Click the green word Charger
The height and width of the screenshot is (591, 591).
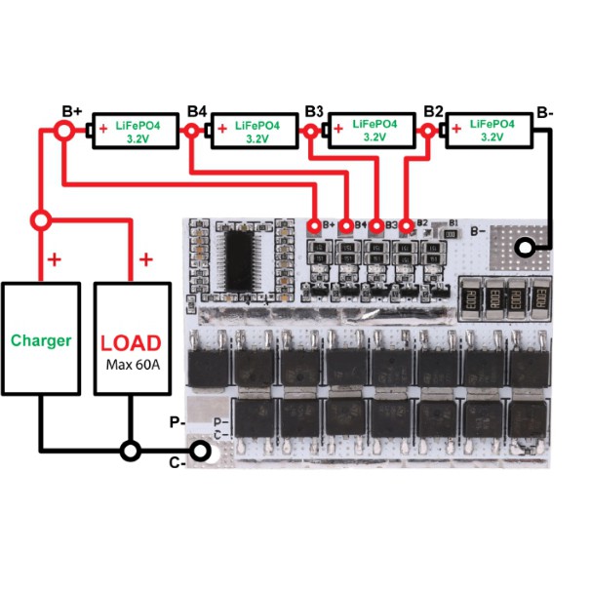(40, 340)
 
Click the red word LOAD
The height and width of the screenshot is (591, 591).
(132, 343)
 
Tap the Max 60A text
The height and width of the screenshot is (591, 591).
(132, 366)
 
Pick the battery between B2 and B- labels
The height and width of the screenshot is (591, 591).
(491, 131)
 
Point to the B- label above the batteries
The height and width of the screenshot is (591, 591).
(544, 113)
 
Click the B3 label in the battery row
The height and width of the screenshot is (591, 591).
(313, 110)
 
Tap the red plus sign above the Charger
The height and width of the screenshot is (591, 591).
(54, 259)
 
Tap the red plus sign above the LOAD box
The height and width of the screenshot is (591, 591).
(145, 259)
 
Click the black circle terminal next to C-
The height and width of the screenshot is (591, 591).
(200, 451)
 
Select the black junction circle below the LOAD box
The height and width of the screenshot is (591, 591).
(129, 451)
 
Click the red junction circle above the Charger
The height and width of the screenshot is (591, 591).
(40, 217)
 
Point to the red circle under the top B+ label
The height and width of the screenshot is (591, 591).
(64, 130)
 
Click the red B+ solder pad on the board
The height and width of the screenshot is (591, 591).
(314, 225)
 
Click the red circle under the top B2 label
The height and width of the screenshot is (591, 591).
(429, 130)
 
